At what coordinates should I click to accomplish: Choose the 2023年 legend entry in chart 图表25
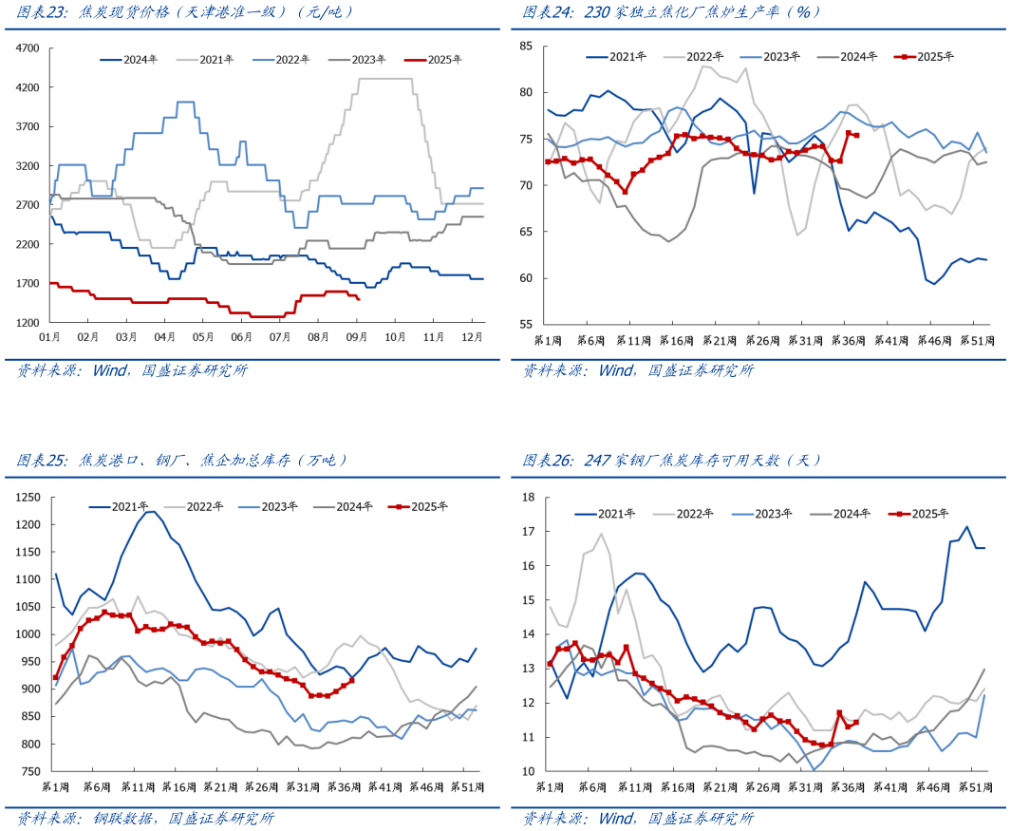click(275, 506)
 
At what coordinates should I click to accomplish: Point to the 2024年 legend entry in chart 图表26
click(840, 514)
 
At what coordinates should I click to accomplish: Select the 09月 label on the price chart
click(356, 337)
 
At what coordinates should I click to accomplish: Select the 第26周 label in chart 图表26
click(759, 787)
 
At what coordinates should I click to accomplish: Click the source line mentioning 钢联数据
click(146, 818)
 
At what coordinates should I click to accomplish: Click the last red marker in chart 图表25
click(351, 680)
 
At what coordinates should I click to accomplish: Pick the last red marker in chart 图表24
click(856, 136)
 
